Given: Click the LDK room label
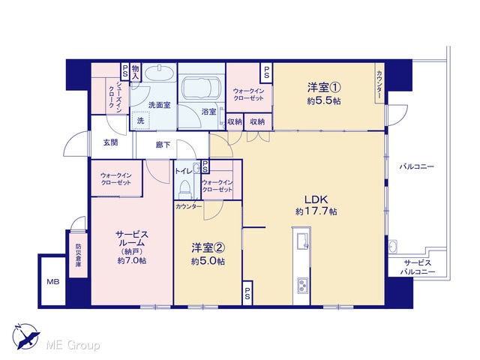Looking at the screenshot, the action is click(x=316, y=199).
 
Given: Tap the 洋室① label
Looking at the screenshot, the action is click(x=324, y=88).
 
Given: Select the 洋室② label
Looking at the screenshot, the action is click(x=208, y=248).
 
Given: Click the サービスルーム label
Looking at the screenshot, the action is click(x=132, y=238).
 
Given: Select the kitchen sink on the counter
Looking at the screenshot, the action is click(x=301, y=238).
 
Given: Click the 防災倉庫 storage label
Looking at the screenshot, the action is click(x=78, y=255).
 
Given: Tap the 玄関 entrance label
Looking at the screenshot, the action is click(x=110, y=142).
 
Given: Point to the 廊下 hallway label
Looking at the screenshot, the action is click(x=163, y=145).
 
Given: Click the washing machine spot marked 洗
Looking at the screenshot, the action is click(x=140, y=121).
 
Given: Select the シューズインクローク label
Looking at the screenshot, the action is click(x=115, y=96).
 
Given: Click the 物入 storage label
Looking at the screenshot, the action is click(x=135, y=73).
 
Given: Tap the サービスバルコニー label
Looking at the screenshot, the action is click(x=418, y=267).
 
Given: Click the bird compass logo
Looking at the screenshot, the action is click(x=26, y=337).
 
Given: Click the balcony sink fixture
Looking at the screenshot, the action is click(x=393, y=246).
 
